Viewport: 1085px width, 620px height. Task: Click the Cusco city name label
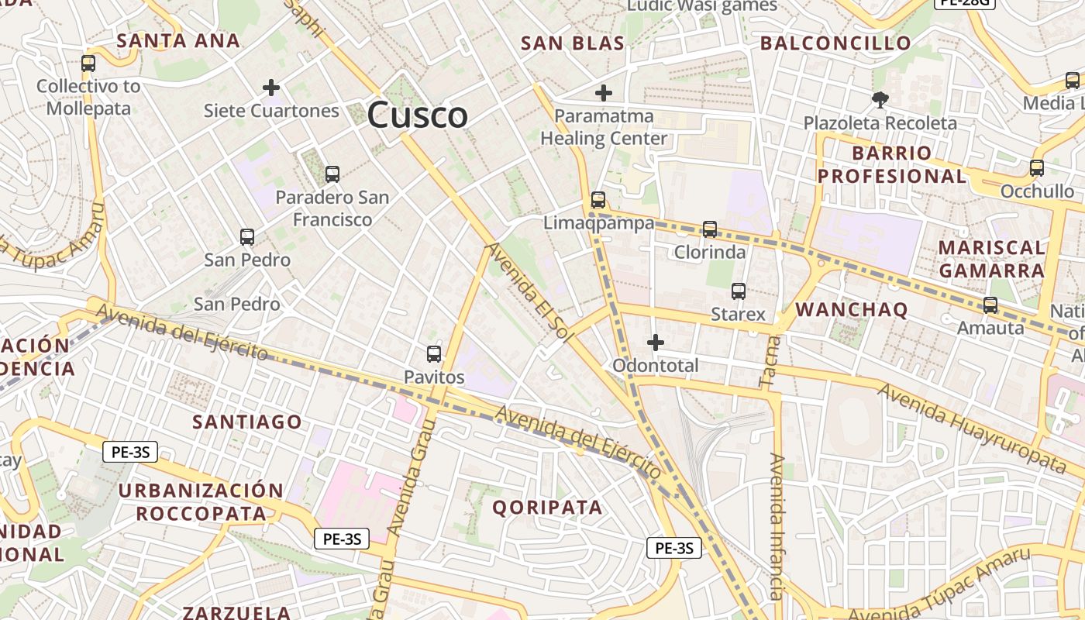point(417,115)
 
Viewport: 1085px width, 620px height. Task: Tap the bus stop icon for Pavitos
point(434,354)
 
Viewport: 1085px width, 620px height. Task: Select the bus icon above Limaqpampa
point(598,200)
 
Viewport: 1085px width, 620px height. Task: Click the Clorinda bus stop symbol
point(709,229)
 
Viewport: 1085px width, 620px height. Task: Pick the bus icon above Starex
point(739,291)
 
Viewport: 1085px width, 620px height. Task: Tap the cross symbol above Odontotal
point(656,342)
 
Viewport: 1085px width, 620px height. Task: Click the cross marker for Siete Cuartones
point(271,88)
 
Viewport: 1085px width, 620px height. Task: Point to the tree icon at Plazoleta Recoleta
point(880,99)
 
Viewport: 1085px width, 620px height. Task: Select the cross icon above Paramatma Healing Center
point(604,94)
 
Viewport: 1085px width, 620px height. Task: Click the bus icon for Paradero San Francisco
point(332,174)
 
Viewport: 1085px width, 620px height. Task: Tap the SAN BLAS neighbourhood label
point(573,43)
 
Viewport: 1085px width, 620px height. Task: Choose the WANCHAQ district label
point(851,310)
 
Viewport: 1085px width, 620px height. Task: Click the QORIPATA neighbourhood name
point(547,508)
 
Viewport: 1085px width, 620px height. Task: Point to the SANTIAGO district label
point(247,422)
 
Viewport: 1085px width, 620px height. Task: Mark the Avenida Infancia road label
point(777,527)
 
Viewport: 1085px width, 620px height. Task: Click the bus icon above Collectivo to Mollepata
point(88,64)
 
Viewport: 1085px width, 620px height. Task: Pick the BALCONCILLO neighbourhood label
point(835,43)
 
